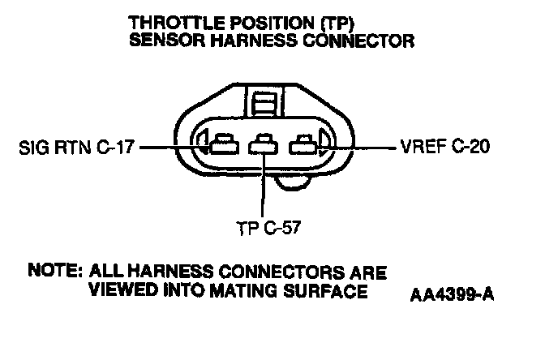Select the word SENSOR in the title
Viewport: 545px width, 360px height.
[x=163, y=40]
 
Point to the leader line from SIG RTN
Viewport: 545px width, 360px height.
[x=166, y=148]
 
